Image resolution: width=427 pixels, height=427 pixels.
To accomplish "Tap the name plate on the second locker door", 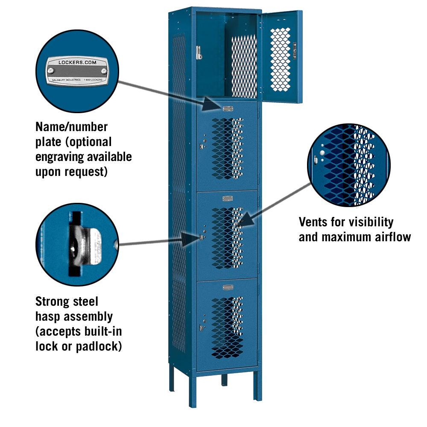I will coord(228,108).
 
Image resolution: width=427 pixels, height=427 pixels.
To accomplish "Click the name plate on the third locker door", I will coord(228,198).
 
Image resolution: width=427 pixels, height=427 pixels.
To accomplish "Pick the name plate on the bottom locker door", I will coord(228,287).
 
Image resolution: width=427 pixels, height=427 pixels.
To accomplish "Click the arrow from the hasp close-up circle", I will coord(154,241).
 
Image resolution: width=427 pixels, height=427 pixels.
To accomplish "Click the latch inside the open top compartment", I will coord(198,53).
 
